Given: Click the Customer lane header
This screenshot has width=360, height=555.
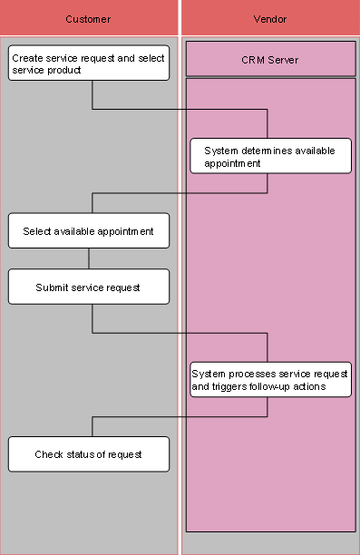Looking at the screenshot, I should pyautogui.click(x=88, y=19).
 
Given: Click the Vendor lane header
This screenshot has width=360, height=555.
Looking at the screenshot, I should pyautogui.click(x=270, y=19).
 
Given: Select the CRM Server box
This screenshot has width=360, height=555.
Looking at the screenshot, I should pyautogui.click(x=270, y=60).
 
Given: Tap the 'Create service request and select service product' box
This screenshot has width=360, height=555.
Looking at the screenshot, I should pyautogui.click(x=89, y=63).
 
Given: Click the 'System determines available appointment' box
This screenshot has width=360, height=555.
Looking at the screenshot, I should pyautogui.click(x=270, y=156).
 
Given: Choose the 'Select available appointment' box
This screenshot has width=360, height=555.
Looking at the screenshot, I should pyautogui.click(x=89, y=230).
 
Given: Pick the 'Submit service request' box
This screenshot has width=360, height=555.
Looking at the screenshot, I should pyautogui.click(x=89, y=287).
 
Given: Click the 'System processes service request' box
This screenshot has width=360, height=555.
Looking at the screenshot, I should pyautogui.click(x=270, y=379).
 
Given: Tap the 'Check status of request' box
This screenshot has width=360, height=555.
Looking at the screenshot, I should pyautogui.click(x=89, y=453).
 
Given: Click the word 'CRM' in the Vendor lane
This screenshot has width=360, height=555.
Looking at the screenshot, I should pyautogui.click(x=253, y=60).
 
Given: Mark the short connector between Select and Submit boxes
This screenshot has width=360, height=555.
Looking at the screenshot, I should pyautogui.click(x=89, y=258).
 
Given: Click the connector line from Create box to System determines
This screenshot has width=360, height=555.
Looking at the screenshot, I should pyautogui.click(x=181, y=110).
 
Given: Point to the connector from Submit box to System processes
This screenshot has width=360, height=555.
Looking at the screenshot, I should pyautogui.click(x=181, y=333).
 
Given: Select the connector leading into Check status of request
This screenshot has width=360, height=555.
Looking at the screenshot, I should pyautogui.click(x=181, y=417).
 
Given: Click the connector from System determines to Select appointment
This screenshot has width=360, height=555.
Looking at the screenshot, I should pyautogui.click(x=181, y=193).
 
